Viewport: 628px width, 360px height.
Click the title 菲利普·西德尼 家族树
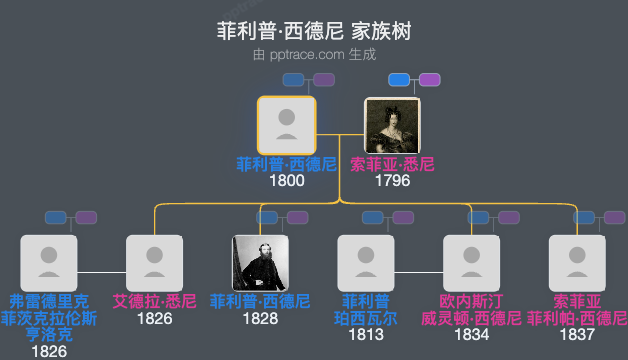pos(314,30)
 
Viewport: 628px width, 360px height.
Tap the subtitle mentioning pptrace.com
pos(314,54)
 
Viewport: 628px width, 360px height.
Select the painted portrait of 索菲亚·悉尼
pos(392,125)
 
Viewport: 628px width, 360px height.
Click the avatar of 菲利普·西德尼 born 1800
pos(287,125)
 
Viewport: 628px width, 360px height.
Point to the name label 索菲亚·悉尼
pos(392,164)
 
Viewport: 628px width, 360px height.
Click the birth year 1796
pos(392,181)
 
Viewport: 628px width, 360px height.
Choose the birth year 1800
pos(287,181)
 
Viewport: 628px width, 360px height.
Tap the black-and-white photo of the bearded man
pos(260,263)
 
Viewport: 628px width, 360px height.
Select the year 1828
pos(260,318)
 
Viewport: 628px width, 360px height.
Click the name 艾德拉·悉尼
pos(155,301)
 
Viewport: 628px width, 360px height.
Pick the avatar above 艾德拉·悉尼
pos(155,263)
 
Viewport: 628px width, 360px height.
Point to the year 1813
pos(366,334)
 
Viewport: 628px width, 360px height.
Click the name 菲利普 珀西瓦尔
pos(366,309)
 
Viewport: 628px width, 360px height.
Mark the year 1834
pos(471,334)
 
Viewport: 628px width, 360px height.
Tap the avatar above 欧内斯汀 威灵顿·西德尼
pos(471,263)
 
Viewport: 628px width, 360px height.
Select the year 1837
pos(577,334)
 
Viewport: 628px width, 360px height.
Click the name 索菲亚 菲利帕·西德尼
pos(577,309)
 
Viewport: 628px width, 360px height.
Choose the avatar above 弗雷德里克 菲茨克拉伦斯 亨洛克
pos(49,263)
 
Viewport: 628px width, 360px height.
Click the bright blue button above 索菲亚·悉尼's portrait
pos(399,80)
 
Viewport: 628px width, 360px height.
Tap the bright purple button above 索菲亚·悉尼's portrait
pos(430,80)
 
